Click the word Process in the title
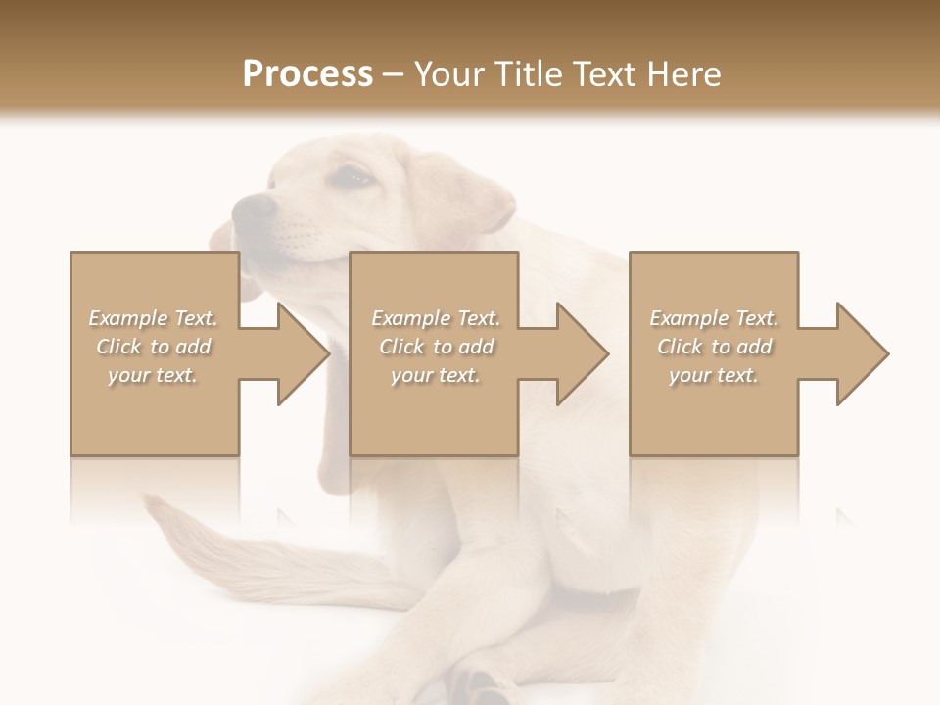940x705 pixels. [x=307, y=74]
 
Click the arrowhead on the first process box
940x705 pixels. [x=304, y=353]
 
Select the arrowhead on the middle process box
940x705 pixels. [x=583, y=353]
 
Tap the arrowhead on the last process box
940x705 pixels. [x=862, y=353]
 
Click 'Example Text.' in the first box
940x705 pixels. [x=154, y=318]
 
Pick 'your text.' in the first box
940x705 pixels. [x=154, y=375]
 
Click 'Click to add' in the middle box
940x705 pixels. [x=436, y=347]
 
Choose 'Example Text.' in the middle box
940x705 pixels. [x=436, y=318]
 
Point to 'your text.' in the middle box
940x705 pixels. [x=436, y=375]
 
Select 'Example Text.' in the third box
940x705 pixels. [x=714, y=318]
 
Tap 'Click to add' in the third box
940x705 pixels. [x=714, y=347]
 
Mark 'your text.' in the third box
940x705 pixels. [x=714, y=375]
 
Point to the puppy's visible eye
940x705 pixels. [x=354, y=177]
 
